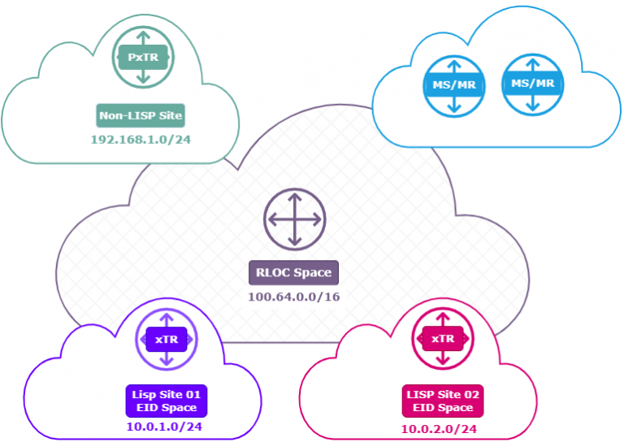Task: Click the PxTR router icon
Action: (143, 57)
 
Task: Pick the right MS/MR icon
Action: (532, 84)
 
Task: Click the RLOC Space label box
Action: (293, 273)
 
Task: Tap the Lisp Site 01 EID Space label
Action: (165, 400)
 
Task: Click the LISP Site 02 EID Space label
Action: (443, 401)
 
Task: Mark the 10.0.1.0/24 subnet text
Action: (165, 427)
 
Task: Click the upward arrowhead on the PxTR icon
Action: (143, 36)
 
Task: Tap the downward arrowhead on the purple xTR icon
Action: (166, 362)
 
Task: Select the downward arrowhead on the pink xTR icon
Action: (442, 362)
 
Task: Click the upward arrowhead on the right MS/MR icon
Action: (532, 62)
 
